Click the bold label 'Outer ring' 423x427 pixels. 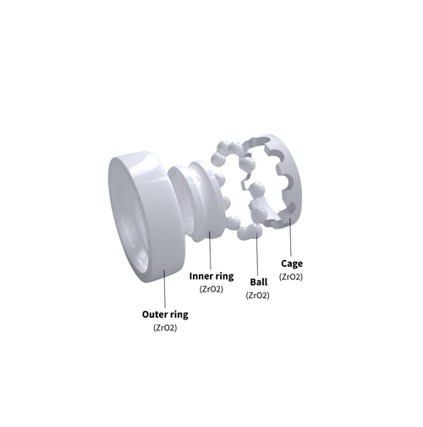[165, 313]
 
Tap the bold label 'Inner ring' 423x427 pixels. [211, 276]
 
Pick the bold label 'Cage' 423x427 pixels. [291, 263]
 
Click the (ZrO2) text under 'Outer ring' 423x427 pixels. [165, 327]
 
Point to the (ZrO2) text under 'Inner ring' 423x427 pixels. [211, 289]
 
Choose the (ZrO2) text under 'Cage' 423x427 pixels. [291, 277]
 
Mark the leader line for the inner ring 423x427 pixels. [211, 250]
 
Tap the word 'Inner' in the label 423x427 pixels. [201, 276]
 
